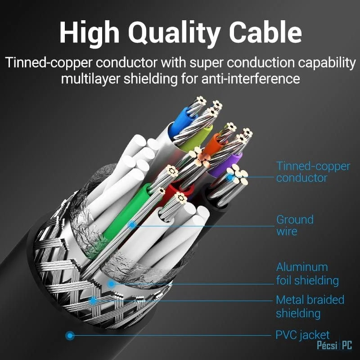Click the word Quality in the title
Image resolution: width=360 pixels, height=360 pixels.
pyautogui.click(x=174, y=33)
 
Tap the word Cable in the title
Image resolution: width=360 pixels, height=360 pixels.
pyautogui.click(x=265, y=31)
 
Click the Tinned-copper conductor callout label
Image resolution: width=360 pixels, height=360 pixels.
pyautogui.click(x=313, y=172)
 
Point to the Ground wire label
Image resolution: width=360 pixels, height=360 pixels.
pyautogui.click(x=295, y=225)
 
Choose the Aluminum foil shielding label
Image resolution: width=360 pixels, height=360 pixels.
pyautogui.click(x=307, y=274)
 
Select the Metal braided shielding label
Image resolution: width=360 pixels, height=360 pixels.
pyautogui.click(x=310, y=306)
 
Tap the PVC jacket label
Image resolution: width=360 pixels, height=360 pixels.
pyautogui.click(x=302, y=335)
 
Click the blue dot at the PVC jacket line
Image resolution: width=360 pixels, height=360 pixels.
pyautogui.click(x=70, y=335)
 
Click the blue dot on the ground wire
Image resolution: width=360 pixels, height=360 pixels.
pyautogui.click(x=132, y=225)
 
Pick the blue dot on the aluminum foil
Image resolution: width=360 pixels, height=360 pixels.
pyautogui.click(x=111, y=284)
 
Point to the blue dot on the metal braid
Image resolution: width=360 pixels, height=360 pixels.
pyautogui.click(x=93, y=301)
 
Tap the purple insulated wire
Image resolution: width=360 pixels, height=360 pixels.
pyautogui.click(x=226, y=164)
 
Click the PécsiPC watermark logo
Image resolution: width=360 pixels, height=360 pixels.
pyautogui.click(x=334, y=345)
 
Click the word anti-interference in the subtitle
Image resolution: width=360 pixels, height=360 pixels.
pyautogui.click(x=251, y=79)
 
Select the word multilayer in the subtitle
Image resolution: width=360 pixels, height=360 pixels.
pyautogui.click(x=91, y=79)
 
